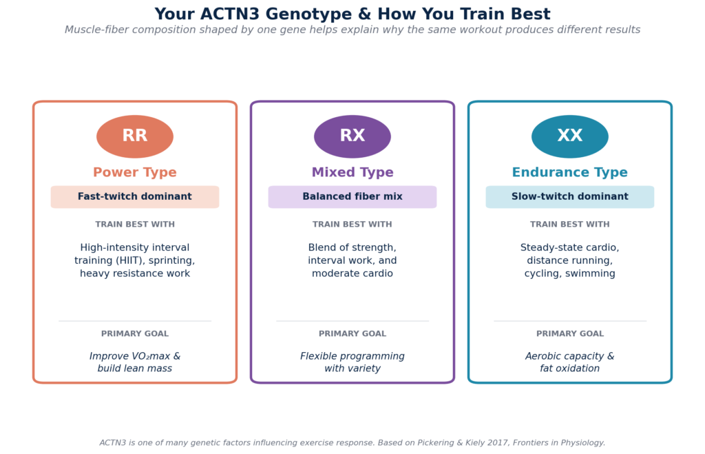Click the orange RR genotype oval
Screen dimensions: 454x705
[x=135, y=136]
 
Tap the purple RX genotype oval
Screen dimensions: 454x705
[x=352, y=136]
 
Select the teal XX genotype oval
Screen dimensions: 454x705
[x=570, y=136]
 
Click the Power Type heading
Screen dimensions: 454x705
[x=135, y=173]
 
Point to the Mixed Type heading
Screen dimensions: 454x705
[x=352, y=173]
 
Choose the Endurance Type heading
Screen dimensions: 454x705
[x=570, y=173]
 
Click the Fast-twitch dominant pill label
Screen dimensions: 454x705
[x=135, y=197]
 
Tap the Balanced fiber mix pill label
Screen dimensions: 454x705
[x=352, y=197]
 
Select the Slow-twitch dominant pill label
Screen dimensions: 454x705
[x=570, y=197]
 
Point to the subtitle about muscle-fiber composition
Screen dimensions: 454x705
[x=352, y=30]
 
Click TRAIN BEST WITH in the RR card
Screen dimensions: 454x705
[x=135, y=225]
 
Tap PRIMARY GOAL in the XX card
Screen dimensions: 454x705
[x=570, y=334]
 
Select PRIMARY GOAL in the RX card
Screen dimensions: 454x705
[x=352, y=334]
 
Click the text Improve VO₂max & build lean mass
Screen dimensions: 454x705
[x=135, y=362]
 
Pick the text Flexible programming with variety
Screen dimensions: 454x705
[x=352, y=362]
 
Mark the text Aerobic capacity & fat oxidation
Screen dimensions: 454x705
[x=570, y=362]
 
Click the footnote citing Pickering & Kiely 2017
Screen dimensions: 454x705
[x=352, y=443]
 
